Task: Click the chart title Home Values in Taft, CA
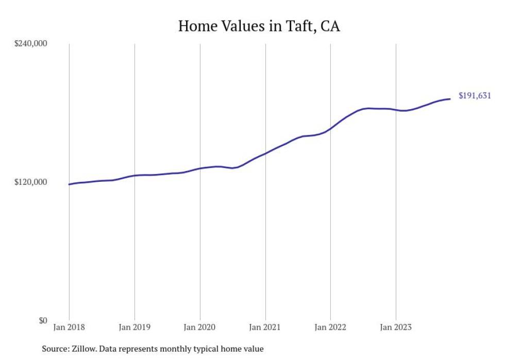[x=259, y=26]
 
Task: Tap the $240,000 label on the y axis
[x=30, y=44]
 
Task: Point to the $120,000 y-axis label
[x=30, y=182]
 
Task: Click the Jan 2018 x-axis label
[x=69, y=327]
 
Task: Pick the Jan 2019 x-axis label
[x=134, y=327]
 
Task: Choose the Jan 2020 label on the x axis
[x=200, y=327]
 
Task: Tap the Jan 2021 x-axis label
[x=265, y=327]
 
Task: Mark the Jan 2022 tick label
[x=330, y=327]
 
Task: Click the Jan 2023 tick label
[x=396, y=327]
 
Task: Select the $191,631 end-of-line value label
[x=475, y=95]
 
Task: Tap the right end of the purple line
[x=450, y=99]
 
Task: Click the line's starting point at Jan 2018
[x=69, y=184]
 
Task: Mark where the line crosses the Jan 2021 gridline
[x=265, y=153]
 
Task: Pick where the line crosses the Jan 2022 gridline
[x=330, y=129]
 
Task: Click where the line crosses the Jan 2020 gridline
[x=200, y=168]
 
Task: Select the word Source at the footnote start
[x=54, y=349]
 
